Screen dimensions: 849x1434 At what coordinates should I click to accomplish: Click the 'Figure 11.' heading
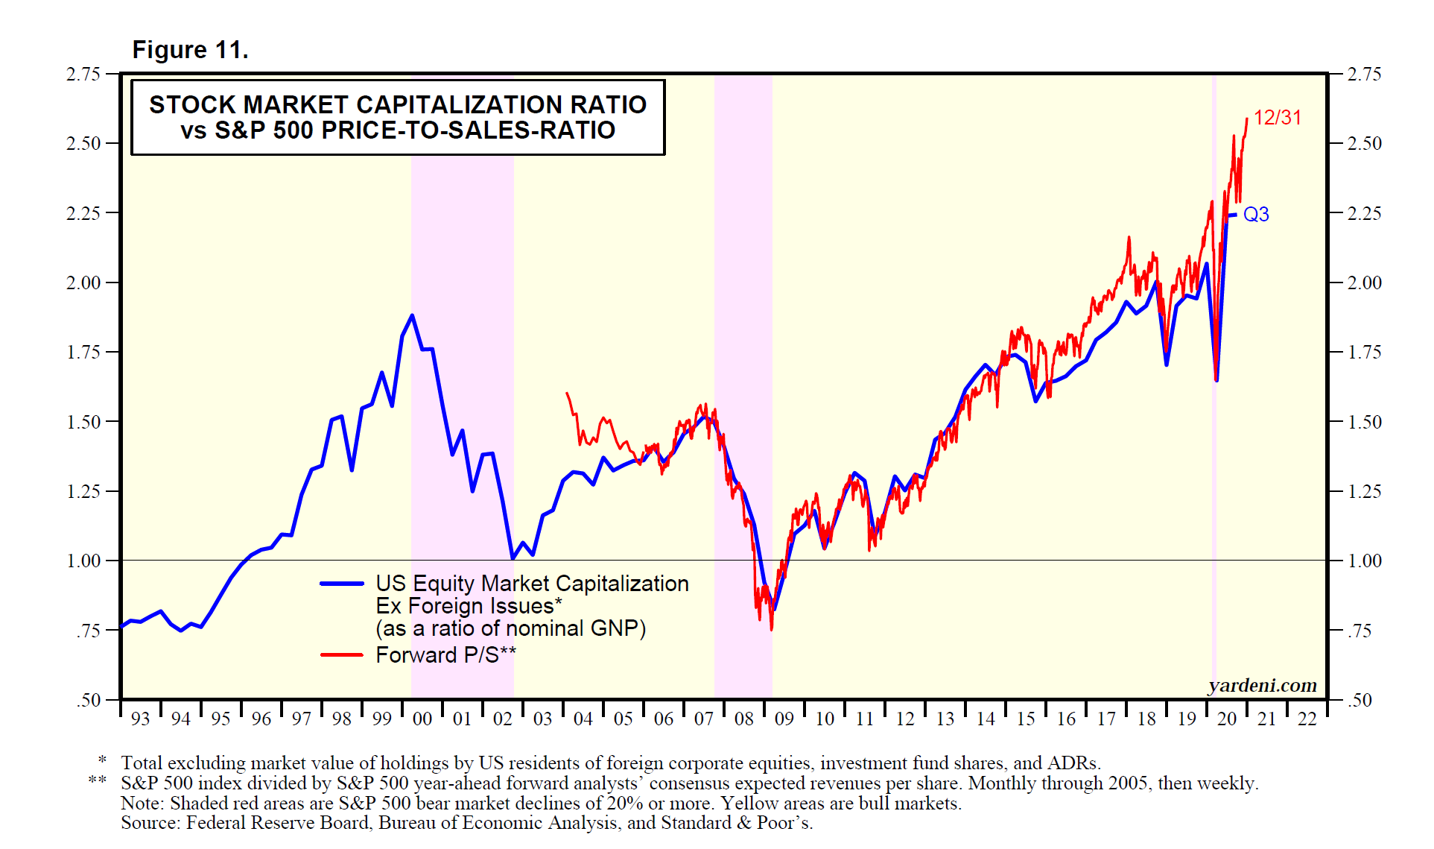pos(190,50)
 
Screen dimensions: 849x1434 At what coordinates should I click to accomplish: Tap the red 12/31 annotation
pos(1277,118)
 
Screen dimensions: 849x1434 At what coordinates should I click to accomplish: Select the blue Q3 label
pos(1256,215)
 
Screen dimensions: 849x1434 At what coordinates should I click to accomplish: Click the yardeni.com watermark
pos(1262,685)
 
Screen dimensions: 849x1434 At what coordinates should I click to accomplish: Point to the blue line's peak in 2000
pos(412,315)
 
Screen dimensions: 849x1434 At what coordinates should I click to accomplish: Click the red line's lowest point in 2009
pos(771,629)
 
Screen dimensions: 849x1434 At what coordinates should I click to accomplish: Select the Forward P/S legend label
pos(445,655)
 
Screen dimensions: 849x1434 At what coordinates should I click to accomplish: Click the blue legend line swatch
pos(342,584)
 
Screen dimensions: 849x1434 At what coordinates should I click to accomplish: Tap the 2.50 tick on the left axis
pos(83,143)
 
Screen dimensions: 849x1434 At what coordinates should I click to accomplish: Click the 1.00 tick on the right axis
pos(1365,561)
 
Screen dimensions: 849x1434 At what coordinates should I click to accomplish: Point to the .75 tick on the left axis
pos(88,631)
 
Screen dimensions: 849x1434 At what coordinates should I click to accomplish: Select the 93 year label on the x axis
pos(140,719)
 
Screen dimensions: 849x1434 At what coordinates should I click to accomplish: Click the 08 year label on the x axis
pos(744,719)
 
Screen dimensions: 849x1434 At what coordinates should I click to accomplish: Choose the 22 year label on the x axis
pos(1307,719)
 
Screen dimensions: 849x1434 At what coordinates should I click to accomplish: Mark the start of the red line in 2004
pos(567,393)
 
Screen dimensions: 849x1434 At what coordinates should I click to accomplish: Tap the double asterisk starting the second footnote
pos(97,780)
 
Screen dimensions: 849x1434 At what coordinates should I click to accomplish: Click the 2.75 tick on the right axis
pos(1365,74)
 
